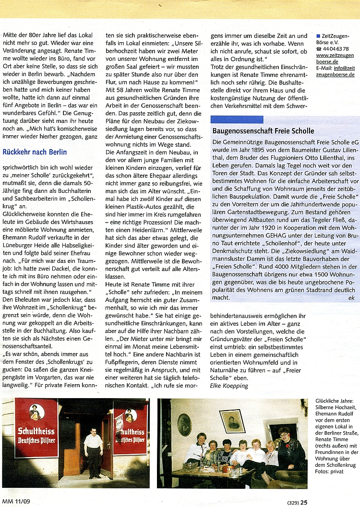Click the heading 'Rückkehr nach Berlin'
pos(35,152)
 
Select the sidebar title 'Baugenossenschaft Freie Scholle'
pos(263,131)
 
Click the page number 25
pos(304,502)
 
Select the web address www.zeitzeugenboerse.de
pos(335,58)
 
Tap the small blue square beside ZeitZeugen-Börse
pos(318,35)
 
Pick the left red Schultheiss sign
pos(36,427)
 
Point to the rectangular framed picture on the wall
pos(232,421)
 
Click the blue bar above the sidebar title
pos(237,119)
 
